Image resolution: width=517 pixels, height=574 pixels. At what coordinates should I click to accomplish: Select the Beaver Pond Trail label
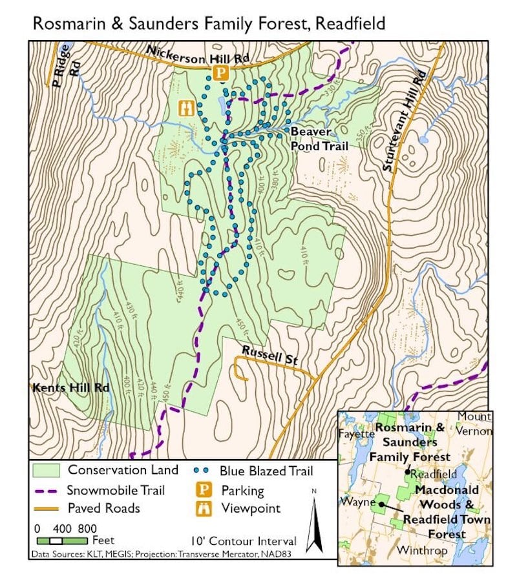[319, 139]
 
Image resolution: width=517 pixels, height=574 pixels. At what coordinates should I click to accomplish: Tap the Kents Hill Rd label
[70, 388]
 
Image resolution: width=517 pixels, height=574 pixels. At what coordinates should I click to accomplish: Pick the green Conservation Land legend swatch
[46, 470]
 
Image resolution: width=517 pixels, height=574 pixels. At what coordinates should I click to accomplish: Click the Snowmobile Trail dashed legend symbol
[46, 491]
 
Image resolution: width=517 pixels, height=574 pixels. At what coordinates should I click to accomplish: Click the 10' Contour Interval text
[244, 541]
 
